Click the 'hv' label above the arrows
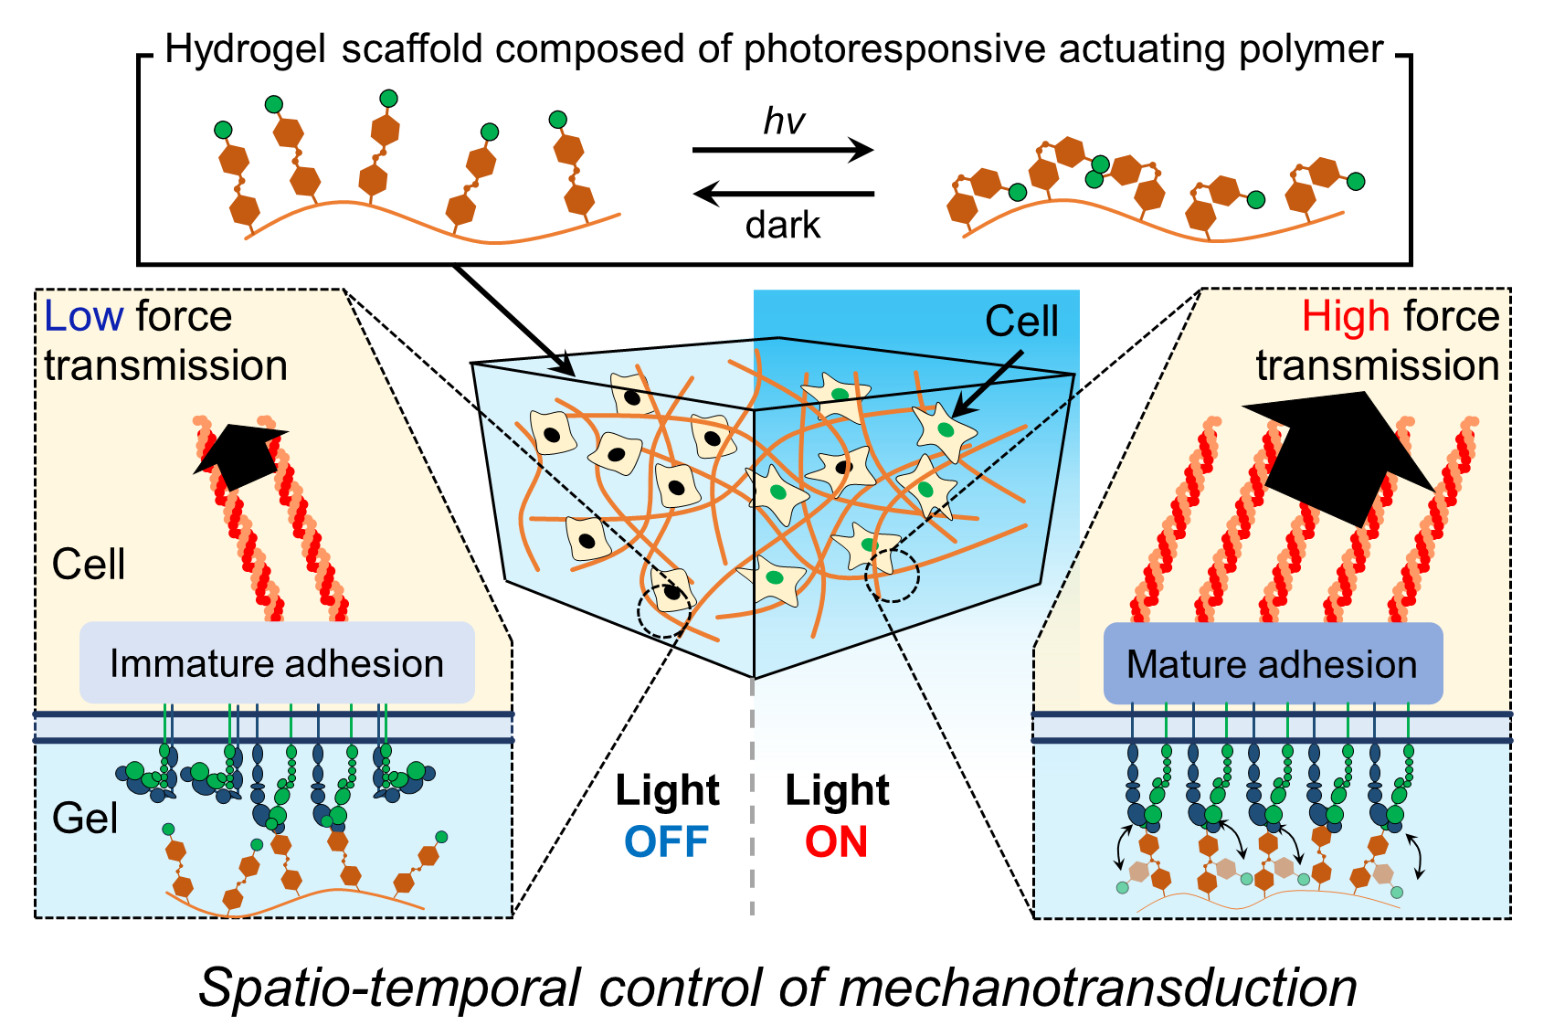[784, 122]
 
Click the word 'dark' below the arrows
[783, 225]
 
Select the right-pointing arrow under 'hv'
[783, 150]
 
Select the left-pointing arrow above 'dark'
[783, 193]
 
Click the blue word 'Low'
[83, 317]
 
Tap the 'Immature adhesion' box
[277, 663]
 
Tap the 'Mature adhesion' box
[1272, 664]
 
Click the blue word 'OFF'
[667, 841]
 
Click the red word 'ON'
[836, 841]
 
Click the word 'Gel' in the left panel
[85, 819]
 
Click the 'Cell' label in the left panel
[89, 565]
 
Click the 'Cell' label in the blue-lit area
[1021, 322]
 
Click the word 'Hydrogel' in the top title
[245, 49]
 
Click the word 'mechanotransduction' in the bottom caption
[1097, 988]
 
